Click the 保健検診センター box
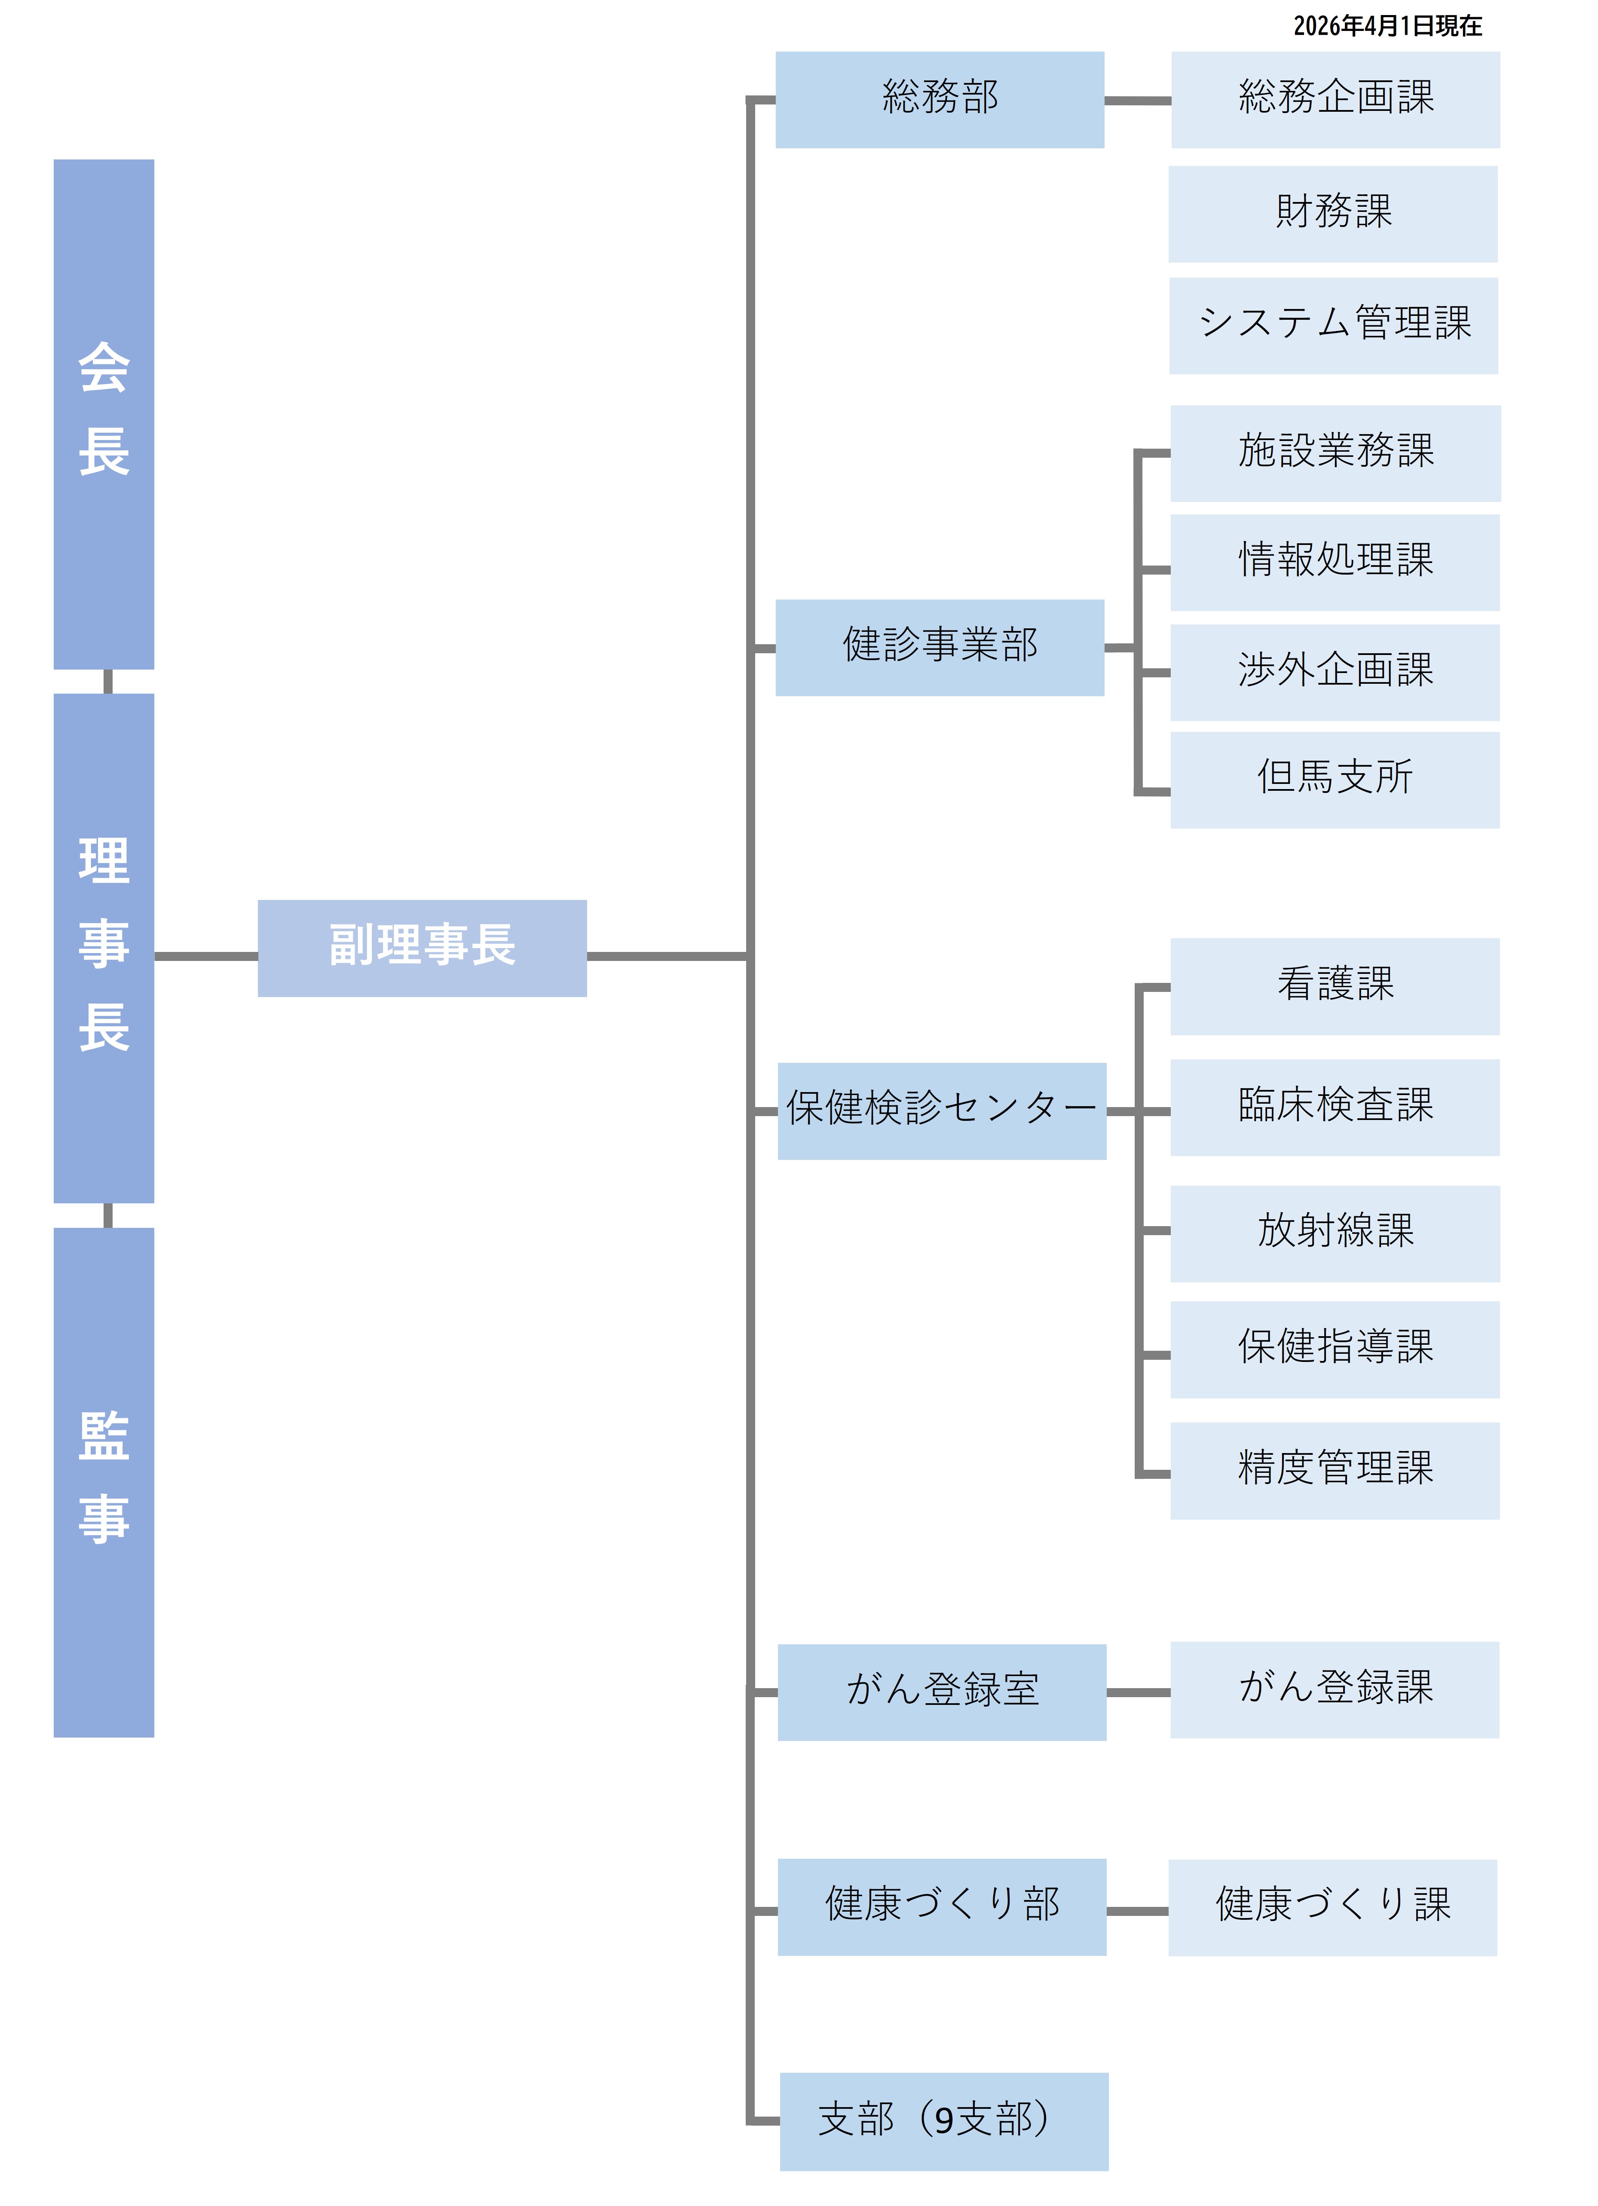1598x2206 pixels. (x=942, y=1111)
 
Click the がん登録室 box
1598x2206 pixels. (x=942, y=1692)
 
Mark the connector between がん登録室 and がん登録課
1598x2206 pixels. (x=1138, y=1692)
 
